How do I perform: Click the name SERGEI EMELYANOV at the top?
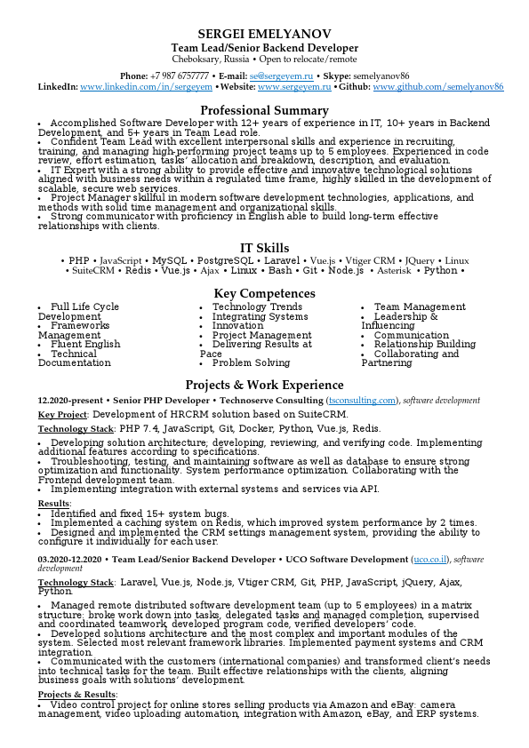[264, 32]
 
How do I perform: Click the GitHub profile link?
[438, 88]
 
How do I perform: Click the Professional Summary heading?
[264, 110]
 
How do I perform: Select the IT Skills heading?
[264, 248]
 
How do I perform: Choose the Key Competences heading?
[264, 293]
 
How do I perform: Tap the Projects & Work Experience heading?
[264, 385]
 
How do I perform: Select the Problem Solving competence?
[251, 362]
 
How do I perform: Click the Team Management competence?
[420, 306]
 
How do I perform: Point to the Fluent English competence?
[85, 344]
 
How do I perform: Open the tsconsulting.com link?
[363, 401]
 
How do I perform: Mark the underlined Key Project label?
[62, 414]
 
